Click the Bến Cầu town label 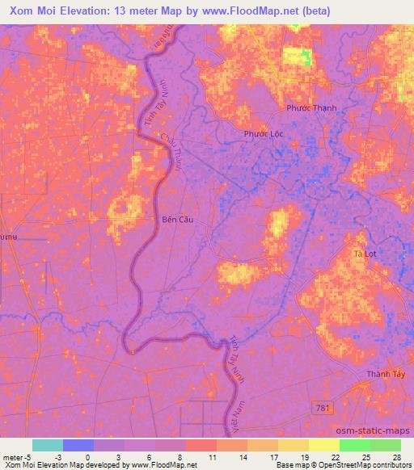177,219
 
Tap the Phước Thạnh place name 311,108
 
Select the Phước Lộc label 262,134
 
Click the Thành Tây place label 383,373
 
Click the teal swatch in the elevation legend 47,445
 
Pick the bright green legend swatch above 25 354,445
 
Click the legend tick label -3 57,457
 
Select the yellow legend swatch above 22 323,445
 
